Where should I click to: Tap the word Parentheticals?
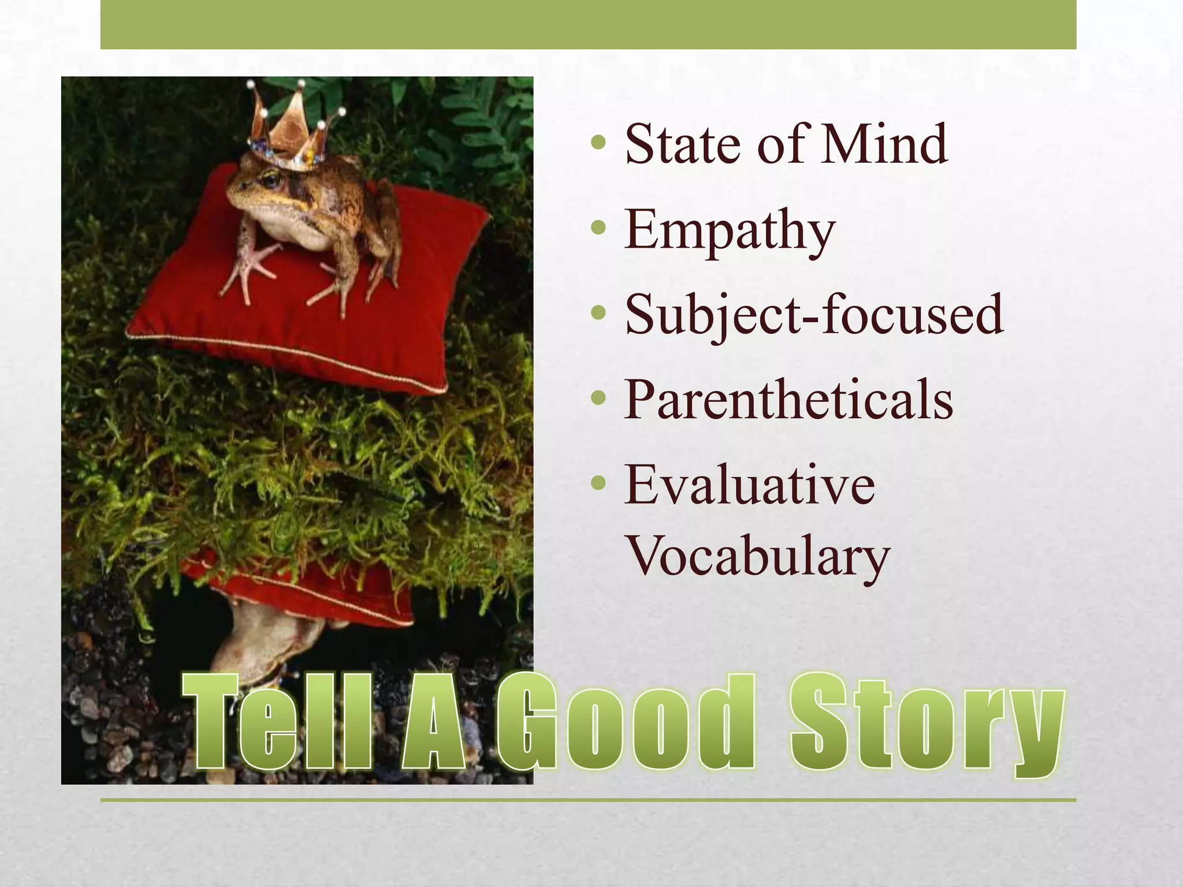click(x=788, y=399)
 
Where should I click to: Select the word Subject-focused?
click(x=814, y=315)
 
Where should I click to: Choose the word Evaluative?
click(x=750, y=485)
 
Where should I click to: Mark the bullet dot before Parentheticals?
click(x=599, y=397)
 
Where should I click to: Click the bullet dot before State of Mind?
click(x=599, y=142)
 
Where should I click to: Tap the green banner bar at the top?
click(x=588, y=24)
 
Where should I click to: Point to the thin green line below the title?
click(x=588, y=800)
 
